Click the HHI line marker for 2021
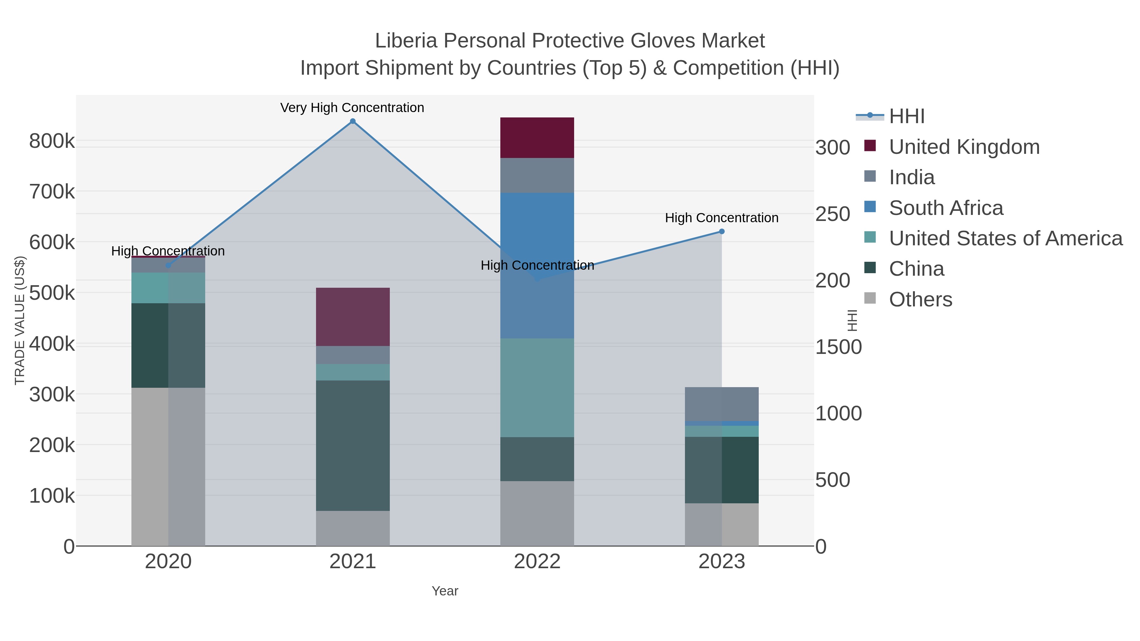[x=353, y=121]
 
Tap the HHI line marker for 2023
[x=722, y=231]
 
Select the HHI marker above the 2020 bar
[x=168, y=266]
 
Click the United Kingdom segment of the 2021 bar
[x=353, y=317]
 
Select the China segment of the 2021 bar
[x=353, y=445]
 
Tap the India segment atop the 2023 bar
[x=722, y=404]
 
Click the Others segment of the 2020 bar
[x=168, y=467]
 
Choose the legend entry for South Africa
[x=946, y=208]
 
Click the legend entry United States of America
[x=1005, y=238]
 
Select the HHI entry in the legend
[x=907, y=116]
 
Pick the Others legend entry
[x=921, y=299]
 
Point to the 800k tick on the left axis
[x=52, y=141]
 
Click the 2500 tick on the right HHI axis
[x=833, y=214]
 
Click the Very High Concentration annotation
[x=352, y=108]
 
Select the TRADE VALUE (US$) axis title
[x=20, y=320]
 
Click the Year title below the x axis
[x=445, y=591]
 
